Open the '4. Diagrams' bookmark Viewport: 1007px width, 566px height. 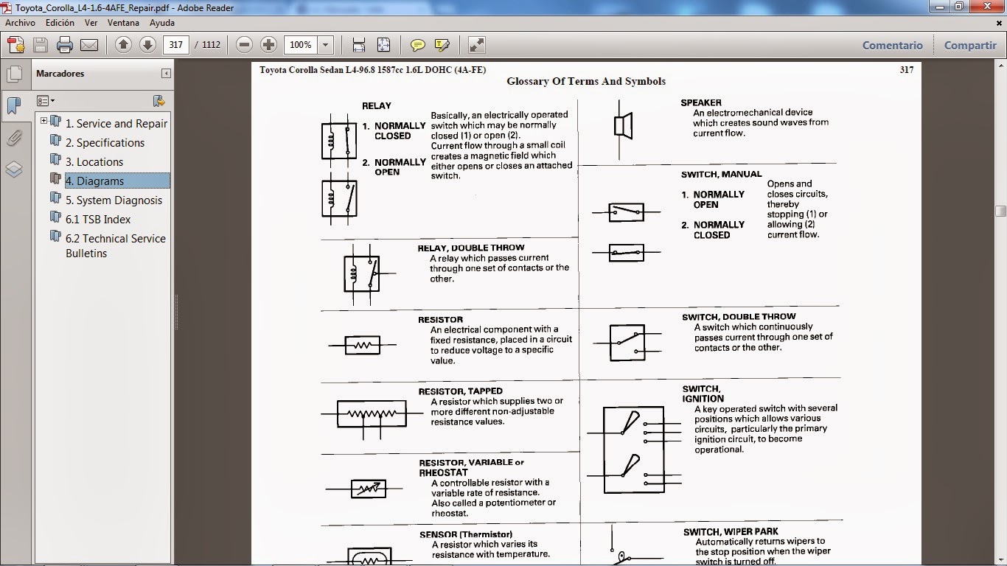(94, 181)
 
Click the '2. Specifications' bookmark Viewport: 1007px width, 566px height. (105, 143)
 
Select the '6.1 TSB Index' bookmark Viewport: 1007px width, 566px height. (97, 220)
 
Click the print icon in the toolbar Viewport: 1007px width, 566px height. (65, 45)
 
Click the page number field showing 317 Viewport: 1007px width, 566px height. (175, 45)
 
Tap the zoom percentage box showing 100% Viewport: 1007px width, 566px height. (302, 45)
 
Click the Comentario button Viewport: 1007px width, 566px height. (892, 45)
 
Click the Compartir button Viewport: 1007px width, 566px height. (969, 45)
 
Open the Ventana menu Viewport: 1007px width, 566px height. (123, 23)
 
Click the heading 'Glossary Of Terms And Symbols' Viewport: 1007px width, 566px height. (586, 82)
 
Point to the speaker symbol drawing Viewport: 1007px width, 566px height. (623, 126)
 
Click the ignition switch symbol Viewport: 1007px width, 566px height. (634, 450)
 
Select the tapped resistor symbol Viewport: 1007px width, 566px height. (372, 414)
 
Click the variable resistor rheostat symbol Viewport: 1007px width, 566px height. (366, 488)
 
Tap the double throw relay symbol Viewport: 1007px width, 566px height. (361, 273)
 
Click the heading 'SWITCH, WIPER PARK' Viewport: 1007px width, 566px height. (731, 531)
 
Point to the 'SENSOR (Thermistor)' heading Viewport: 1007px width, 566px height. (466, 534)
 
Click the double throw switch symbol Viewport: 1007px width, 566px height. (627, 343)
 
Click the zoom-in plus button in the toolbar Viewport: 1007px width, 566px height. (268, 45)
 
